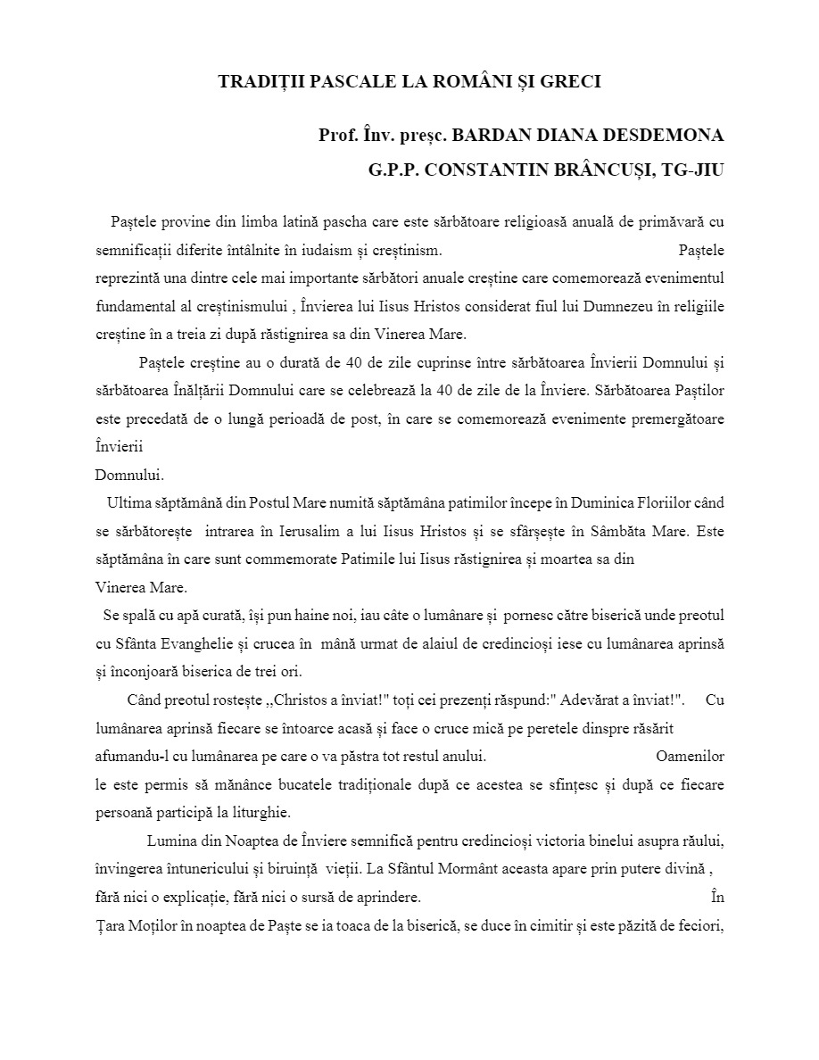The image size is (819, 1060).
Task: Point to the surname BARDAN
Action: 487,136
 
